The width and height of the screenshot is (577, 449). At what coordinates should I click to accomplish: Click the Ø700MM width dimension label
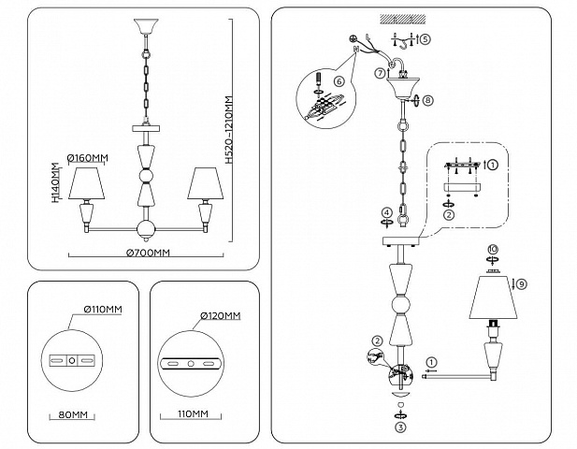(148, 253)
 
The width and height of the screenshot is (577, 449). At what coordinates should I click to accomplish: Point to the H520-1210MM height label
(229, 130)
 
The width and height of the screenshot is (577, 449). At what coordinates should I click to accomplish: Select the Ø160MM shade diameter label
(88, 158)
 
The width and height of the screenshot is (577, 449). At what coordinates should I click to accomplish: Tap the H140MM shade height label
(55, 183)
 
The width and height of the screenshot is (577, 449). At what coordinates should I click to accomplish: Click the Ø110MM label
(103, 310)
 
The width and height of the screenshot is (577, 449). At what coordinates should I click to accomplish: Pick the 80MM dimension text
(73, 414)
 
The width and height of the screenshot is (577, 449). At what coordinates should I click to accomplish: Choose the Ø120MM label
(221, 316)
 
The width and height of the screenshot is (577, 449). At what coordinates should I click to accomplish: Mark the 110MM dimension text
(193, 414)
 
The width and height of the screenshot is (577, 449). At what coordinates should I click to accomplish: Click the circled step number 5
(425, 38)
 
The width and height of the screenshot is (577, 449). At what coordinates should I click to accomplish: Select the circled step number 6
(339, 81)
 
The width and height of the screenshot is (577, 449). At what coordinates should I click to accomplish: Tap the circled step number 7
(381, 73)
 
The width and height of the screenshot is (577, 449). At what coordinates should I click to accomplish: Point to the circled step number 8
(427, 100)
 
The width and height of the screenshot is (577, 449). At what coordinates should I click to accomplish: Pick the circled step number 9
(522, 284)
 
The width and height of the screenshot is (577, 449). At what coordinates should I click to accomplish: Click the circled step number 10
(492, 250)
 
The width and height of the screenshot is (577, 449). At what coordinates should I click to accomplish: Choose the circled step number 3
(401, 427)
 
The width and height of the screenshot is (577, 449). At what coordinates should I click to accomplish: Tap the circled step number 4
(386, 212)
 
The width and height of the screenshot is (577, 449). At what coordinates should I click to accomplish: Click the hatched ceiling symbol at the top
(403, 19)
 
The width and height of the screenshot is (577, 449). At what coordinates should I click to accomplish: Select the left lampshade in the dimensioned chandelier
(87, 183)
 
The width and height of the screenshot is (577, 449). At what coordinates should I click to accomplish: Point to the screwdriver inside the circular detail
(318, 80)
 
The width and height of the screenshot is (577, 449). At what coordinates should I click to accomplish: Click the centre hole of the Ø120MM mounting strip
(191, 364)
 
